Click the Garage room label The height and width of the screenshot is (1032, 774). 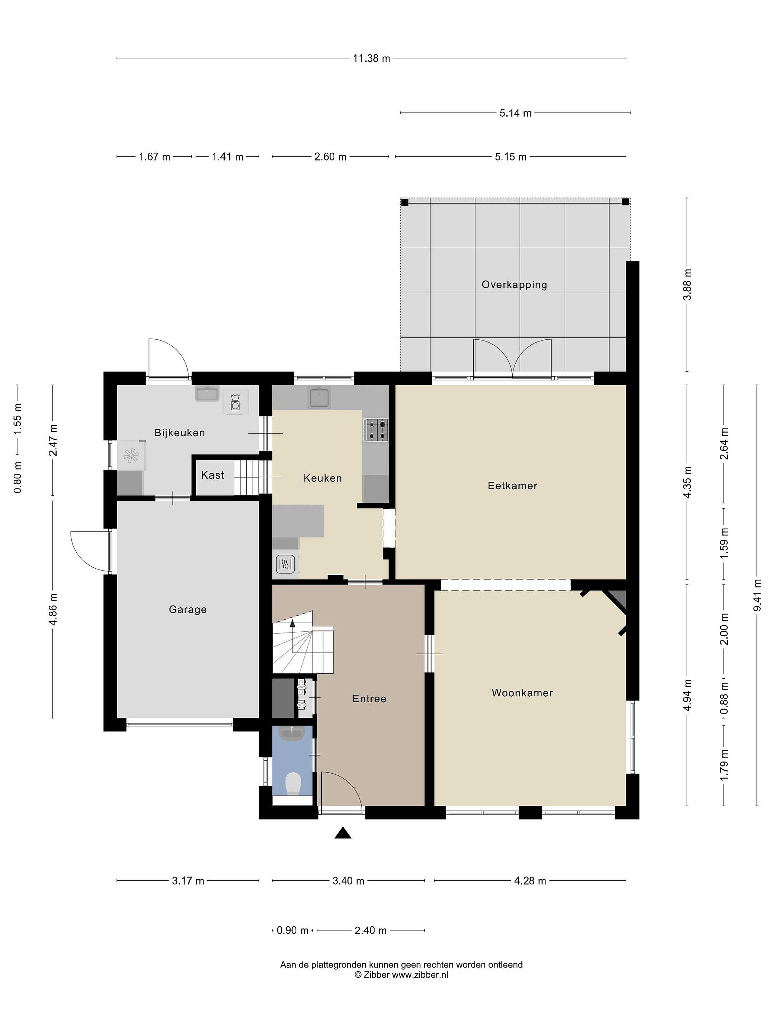click(187, 609)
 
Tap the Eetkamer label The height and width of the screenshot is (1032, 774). click(512, 486)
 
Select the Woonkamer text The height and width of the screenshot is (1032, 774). click(522, 693)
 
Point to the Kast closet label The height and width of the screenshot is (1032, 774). click(213, 475)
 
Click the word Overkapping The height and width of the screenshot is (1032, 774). click(514, 285)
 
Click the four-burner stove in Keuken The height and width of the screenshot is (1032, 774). click(376, 430)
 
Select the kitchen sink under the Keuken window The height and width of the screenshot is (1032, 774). click(319, 397)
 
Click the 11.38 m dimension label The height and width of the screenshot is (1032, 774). click(371, 58)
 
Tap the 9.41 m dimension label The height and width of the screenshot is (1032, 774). click(757, 594)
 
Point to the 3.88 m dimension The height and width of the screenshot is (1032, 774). click(687, 285)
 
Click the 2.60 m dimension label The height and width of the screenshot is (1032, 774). click(330, 157)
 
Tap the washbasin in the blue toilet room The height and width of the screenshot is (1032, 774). click(292, 733)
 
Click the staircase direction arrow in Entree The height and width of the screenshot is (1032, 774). click(292, 622)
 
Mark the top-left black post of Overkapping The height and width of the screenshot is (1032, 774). click(405, 202)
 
